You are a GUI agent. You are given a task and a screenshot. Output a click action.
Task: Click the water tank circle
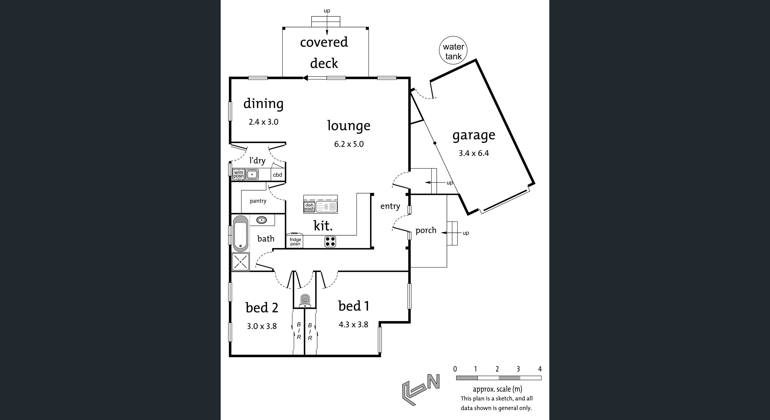coord(453,51)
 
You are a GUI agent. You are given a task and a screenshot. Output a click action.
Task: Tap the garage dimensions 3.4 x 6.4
coord(474,153)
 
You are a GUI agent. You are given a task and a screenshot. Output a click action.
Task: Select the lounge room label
coord(348,126)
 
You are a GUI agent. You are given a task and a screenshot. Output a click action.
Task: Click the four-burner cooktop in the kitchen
coord(330,241)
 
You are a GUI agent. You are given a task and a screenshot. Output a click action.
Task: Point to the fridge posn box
coord(295,241)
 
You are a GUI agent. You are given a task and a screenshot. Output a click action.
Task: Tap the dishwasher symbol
coord(309,207)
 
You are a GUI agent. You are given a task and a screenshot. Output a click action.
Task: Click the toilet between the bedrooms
coord(305,301)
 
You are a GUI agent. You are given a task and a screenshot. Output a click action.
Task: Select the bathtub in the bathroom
coord(240,233)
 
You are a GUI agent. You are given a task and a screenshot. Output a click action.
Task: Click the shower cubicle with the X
coord(240,262)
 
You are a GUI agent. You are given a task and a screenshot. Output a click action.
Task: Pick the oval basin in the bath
coord(262,220)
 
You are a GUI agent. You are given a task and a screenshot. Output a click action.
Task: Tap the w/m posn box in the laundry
coord(238,174)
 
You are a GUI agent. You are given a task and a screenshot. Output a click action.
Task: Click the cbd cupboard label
coord(277,175)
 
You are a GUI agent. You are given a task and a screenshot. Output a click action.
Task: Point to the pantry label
coord(258,201)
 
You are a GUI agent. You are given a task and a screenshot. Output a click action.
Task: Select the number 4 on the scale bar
coord(540,369)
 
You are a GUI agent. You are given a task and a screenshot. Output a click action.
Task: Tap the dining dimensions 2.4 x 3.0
coord(263,122)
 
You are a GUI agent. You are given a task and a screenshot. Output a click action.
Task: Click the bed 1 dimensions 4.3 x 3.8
coord(353,324)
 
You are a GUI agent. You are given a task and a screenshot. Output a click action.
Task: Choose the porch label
coord(426,230)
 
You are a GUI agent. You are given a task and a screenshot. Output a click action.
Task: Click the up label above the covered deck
coord(327,11)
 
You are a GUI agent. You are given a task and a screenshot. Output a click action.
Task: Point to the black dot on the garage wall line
coord(435,143)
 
